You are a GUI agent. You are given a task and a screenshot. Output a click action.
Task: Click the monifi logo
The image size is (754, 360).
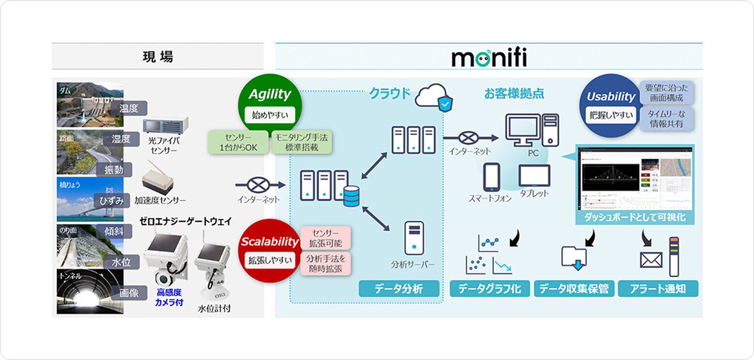(489, 58)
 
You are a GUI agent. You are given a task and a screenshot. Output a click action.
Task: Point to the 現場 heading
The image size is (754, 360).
(158, 57)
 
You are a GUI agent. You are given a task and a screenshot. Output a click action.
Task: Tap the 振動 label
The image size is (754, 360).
(114, 169)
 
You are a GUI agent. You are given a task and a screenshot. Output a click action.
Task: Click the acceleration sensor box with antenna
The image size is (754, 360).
(157, 180)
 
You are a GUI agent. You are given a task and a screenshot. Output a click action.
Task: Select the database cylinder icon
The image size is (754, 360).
(351, 196)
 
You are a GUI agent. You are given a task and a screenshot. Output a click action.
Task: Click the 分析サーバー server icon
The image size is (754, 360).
(413, 238)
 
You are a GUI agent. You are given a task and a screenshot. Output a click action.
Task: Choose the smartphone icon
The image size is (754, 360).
(491, 177)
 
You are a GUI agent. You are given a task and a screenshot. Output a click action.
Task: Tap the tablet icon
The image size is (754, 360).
(534, 176)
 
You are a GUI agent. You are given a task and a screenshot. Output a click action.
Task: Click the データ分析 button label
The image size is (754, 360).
(399, 289)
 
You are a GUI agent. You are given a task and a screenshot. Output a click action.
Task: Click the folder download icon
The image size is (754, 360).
(573, 257)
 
